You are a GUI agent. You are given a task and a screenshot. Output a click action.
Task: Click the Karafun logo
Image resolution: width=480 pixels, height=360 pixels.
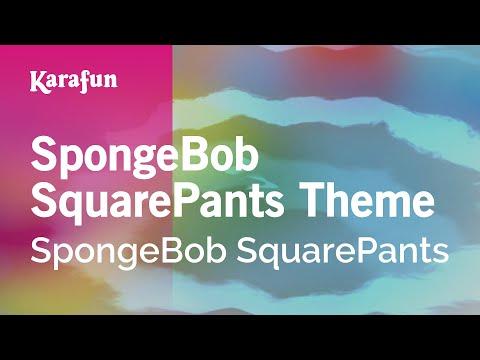point(74,82)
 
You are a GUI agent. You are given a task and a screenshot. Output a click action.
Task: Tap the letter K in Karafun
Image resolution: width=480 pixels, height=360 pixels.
point(37,81)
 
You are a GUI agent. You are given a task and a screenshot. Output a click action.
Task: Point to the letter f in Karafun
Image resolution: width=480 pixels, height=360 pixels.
point(83,82)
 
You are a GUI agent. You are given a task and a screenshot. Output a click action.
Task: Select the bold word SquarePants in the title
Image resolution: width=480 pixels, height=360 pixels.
point(157,201)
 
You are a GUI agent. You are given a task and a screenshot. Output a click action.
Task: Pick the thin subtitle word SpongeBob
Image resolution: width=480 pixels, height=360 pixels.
point(127,252)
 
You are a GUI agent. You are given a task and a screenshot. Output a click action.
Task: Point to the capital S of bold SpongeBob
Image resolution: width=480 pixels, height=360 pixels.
point(43,154)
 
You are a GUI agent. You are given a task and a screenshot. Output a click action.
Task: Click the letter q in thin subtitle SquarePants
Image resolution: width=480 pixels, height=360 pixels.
point(266,257)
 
